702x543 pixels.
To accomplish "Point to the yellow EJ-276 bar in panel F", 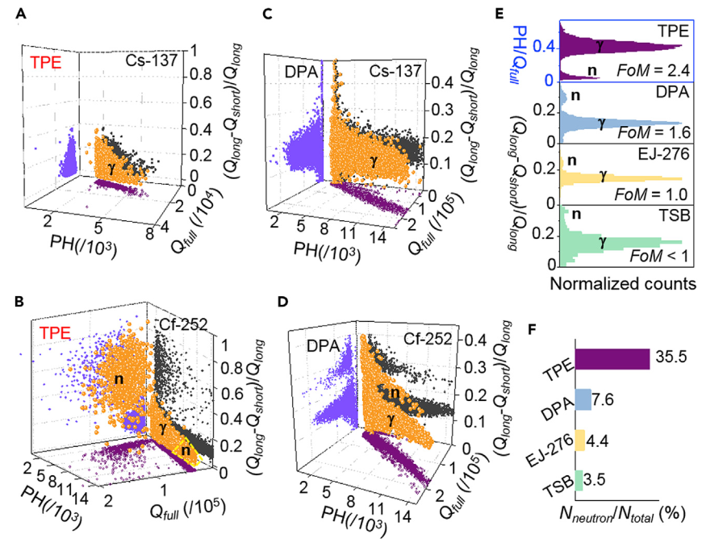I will click(579, 441).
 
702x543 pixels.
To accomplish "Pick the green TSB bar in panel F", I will click(578, 479).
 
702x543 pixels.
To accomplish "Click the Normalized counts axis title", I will click(620, 284).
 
